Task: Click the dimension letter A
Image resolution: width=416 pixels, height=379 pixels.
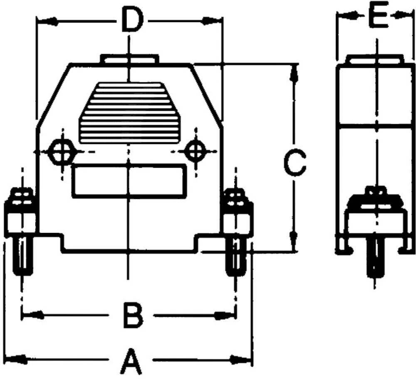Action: point(130,362)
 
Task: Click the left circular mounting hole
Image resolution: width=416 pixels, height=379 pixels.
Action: point(62,153)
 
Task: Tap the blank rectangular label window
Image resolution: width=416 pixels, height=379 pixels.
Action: point(129,181)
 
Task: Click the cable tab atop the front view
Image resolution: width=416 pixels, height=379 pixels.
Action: point(129,59)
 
